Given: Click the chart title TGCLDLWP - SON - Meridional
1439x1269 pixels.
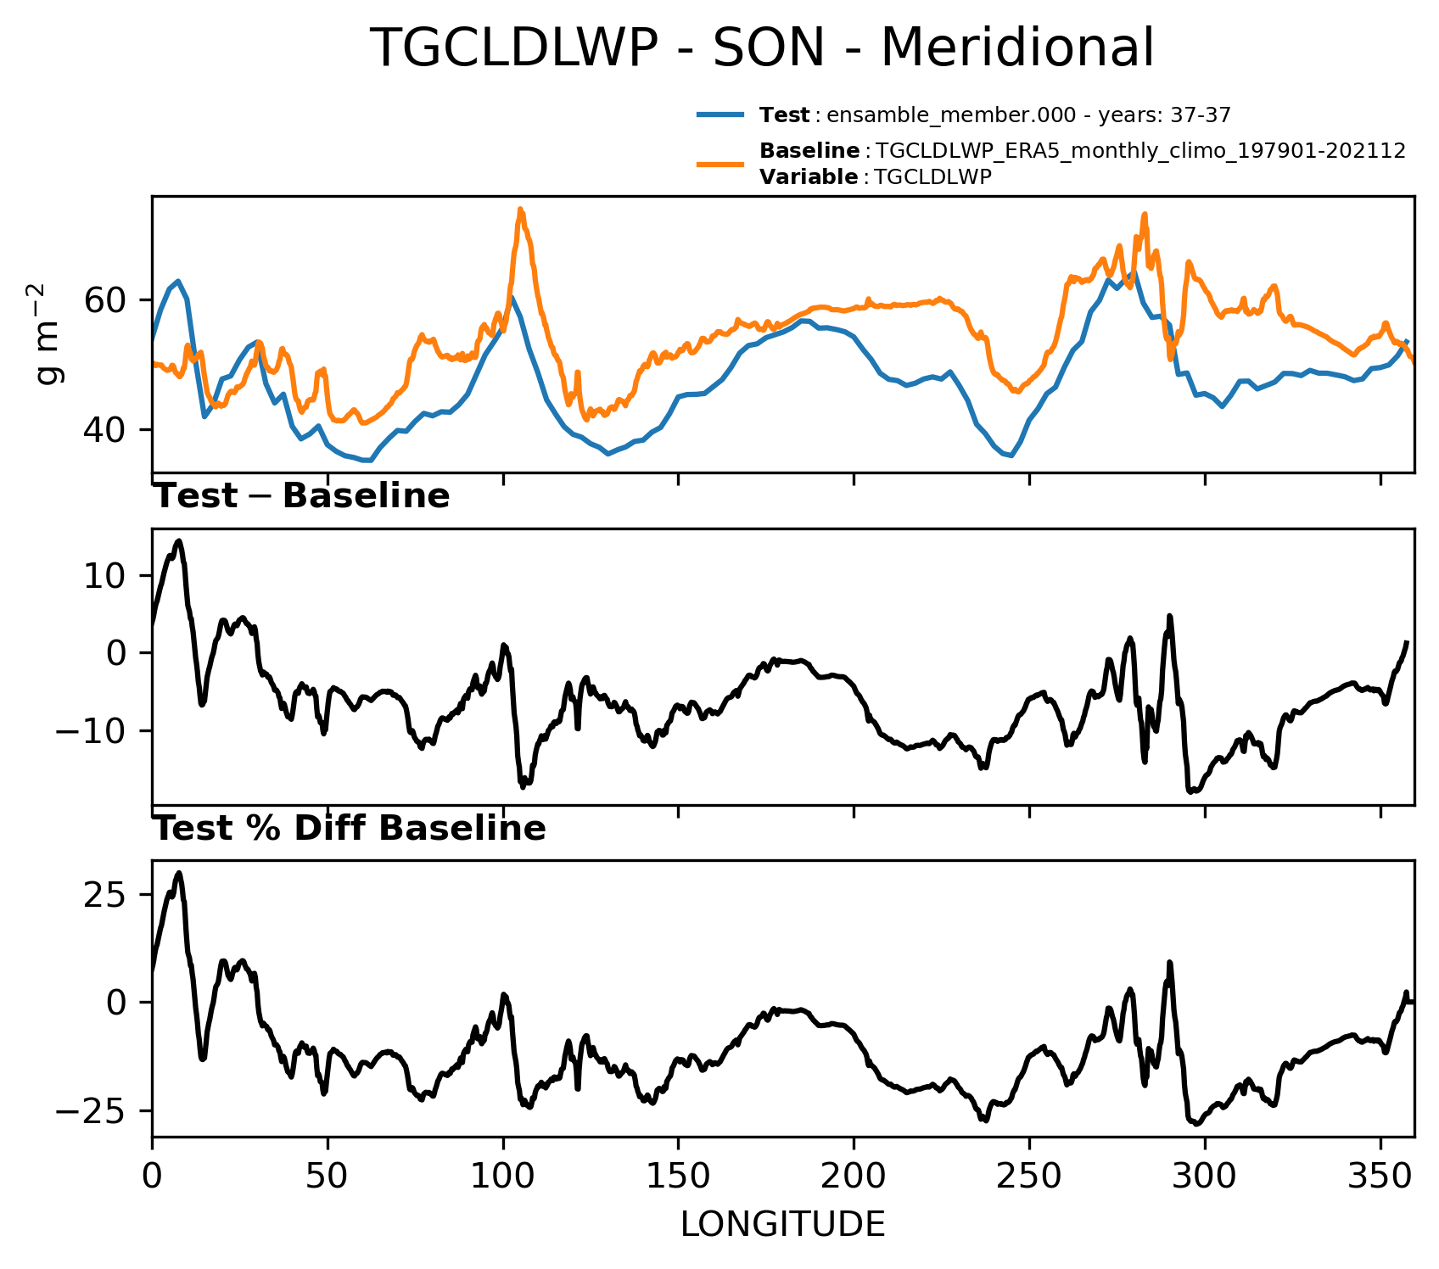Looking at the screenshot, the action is tap(762, 48).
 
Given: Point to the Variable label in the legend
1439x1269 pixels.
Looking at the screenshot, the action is tap(809, 177).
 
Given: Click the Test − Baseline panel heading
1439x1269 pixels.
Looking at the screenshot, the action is tap(301, 496).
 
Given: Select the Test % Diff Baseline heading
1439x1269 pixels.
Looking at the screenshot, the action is tap(350, 829).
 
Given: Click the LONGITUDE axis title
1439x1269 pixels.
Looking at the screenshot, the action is tap(783, 1225).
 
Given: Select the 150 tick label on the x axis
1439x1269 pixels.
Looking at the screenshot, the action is tap(678, 1177).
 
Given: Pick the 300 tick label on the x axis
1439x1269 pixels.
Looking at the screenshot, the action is tap(1205, 1177).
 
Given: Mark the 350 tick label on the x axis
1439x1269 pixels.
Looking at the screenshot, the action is tap(1380, 1177).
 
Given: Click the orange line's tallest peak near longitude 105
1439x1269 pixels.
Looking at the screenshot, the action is tap(520, 209).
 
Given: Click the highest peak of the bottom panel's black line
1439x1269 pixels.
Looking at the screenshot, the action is tap(178, 873).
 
